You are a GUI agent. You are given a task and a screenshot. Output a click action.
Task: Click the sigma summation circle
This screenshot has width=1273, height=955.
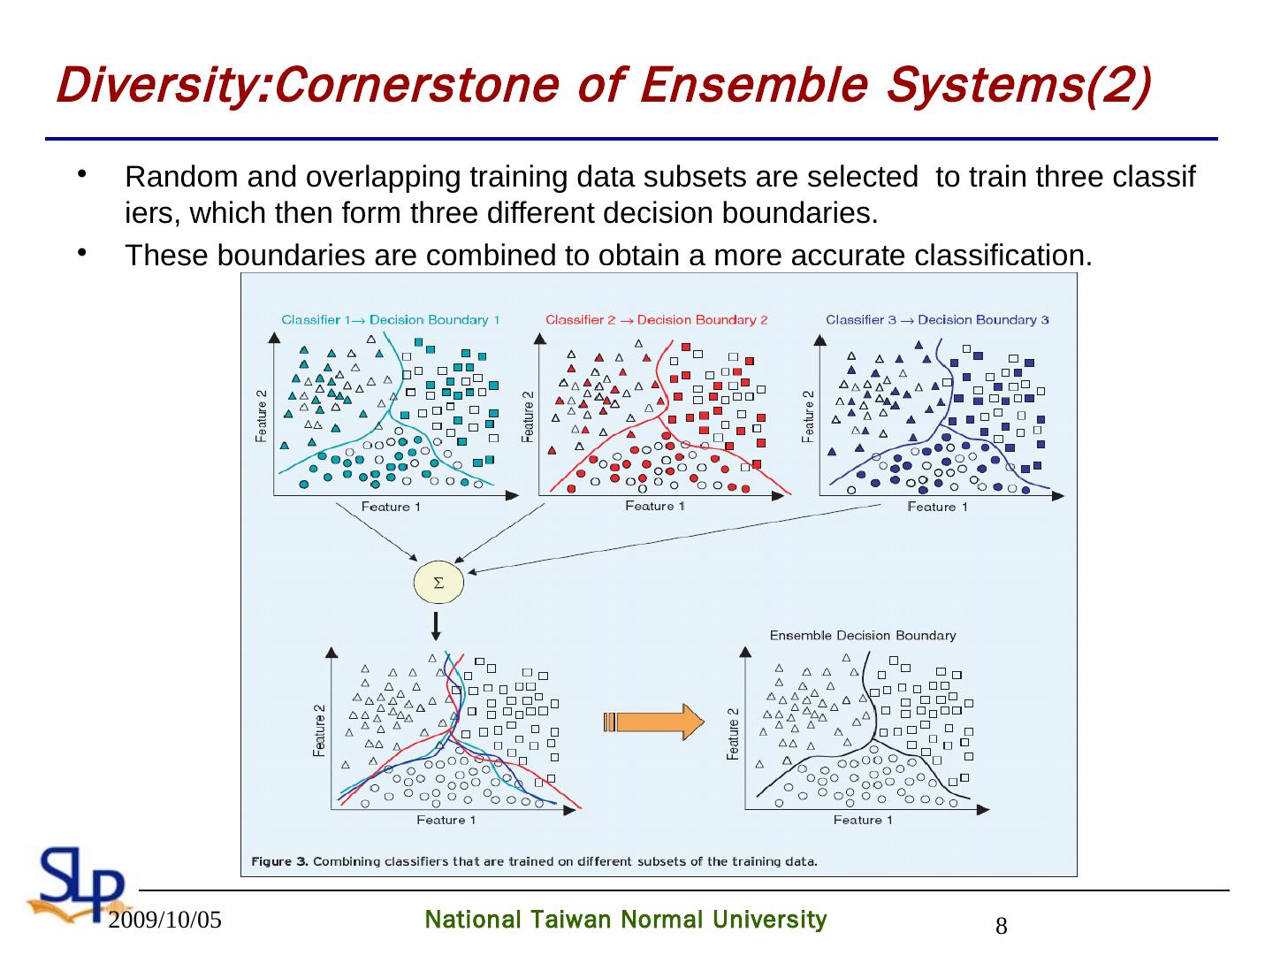pos(438,583)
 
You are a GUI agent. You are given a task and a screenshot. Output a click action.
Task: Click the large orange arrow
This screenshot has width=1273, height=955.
pos(654,722)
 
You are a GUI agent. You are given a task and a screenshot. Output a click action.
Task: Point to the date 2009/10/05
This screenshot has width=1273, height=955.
pos(165,921)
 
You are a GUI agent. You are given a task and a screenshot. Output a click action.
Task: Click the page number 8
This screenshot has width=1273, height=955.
pos(1002,927)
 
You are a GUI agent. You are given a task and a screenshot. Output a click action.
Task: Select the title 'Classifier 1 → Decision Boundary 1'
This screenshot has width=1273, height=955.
pos(390,320)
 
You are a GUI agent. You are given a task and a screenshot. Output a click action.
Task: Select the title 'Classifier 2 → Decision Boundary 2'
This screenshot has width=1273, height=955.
pos(656,320)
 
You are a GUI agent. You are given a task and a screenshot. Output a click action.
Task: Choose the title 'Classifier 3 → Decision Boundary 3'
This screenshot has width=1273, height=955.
pos(937,320)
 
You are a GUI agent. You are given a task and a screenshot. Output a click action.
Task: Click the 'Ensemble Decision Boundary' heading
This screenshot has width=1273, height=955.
pos(862,635)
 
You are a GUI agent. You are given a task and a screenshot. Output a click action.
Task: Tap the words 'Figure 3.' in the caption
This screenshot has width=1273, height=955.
pos(280,860)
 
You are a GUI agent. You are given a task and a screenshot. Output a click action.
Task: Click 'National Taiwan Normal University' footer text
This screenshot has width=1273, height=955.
pos(626,921)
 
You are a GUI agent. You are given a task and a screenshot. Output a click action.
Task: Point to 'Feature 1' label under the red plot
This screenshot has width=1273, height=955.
pos(655,506)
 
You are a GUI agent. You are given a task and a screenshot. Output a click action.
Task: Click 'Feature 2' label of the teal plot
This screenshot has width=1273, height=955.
pos(263,416)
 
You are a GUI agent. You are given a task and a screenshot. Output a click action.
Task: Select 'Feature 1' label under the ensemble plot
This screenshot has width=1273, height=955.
pos(863,820)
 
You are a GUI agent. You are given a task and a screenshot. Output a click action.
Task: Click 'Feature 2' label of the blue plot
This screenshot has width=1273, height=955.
pos(808,416)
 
